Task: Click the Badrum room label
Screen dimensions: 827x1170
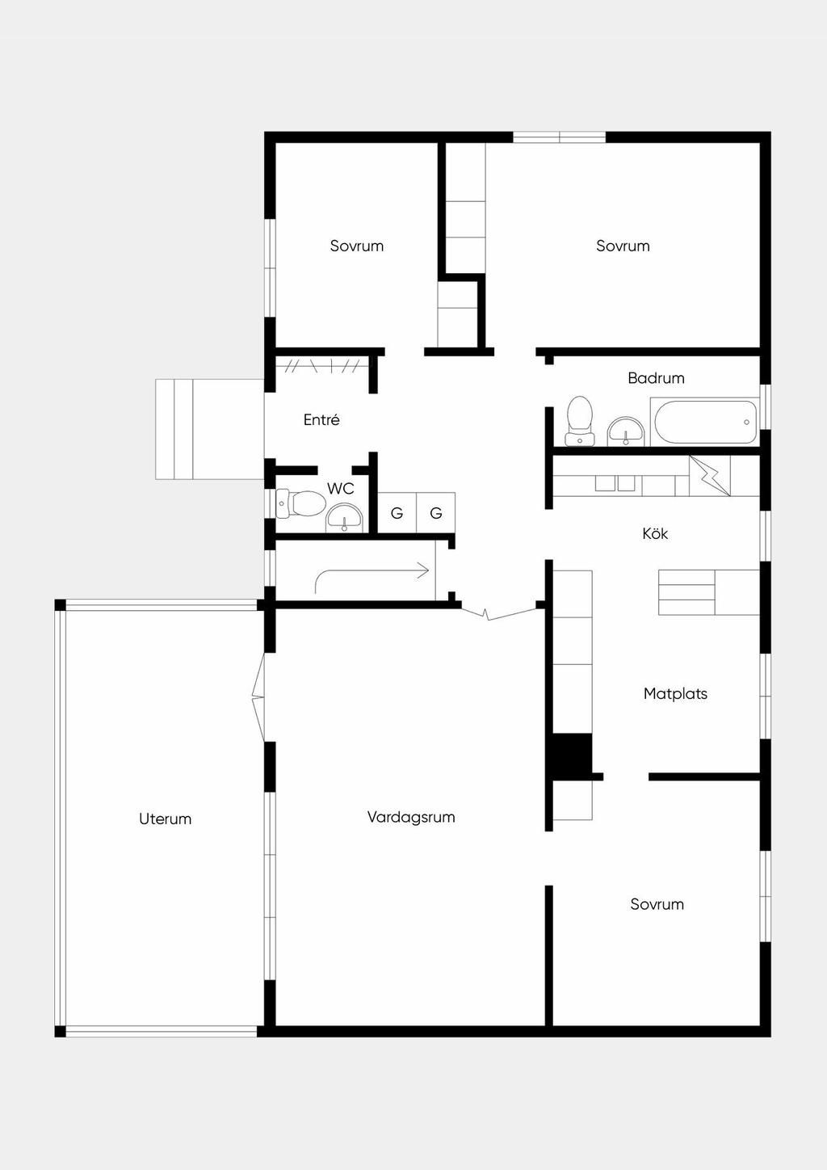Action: point(656,378)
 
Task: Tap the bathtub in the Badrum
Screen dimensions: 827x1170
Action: point(704,422)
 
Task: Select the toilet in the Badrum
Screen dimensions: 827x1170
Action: point(580,421)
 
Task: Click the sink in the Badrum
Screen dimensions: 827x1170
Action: point(626,431)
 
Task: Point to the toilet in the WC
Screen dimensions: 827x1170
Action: point(301,503)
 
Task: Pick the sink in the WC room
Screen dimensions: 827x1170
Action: point(345,518)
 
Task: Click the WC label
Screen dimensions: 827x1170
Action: point(340,489)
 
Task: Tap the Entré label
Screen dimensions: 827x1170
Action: point(321,419)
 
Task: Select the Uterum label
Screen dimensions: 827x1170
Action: point(165,819)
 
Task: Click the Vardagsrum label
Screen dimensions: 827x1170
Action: point(411,817)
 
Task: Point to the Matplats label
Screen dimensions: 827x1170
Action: point(675,693)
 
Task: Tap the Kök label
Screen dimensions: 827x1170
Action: point(655,533)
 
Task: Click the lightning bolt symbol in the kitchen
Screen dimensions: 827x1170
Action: point(710,475)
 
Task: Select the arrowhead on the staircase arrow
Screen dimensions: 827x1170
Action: point(423,570)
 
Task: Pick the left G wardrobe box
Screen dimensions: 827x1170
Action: point(397,513)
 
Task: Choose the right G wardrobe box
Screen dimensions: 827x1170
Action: point(436,513)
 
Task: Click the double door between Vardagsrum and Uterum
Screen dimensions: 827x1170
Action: point(258,697)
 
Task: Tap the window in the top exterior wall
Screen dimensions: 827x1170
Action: point(559,137)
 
